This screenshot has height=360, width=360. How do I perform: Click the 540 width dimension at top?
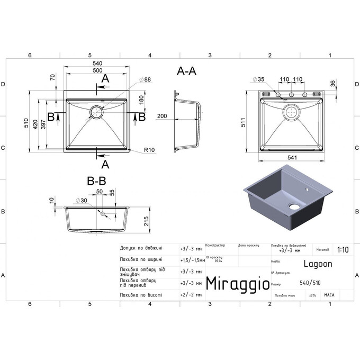97,64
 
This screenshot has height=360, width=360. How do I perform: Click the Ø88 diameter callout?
145,79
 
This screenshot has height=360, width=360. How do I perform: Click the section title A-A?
186,72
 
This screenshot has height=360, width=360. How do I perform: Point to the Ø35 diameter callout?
258,79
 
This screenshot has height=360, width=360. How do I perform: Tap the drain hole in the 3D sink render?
293,206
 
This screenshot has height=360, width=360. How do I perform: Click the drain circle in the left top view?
97,112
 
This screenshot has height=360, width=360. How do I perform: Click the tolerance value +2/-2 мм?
191,294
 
